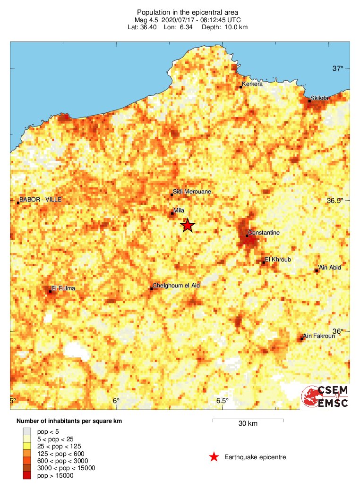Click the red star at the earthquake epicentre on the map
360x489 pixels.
point(188,226)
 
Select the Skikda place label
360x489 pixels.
point(319,98)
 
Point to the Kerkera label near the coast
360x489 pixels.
point(252,84)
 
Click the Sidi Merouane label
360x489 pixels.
point(192,192)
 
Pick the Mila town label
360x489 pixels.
point(179,211)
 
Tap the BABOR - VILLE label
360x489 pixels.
point(40,200)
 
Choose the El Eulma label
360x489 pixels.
point(63,288)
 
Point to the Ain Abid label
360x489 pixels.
point(330,268)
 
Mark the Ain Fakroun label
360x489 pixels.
point(319,336)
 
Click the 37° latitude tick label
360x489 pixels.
point(337,69)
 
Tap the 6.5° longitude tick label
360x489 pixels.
point(223,401)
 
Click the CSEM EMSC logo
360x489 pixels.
point(326,396)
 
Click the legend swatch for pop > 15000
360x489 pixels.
point(27,475)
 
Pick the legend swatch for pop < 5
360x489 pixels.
point(27,431)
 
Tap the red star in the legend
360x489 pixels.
point(214,457)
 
